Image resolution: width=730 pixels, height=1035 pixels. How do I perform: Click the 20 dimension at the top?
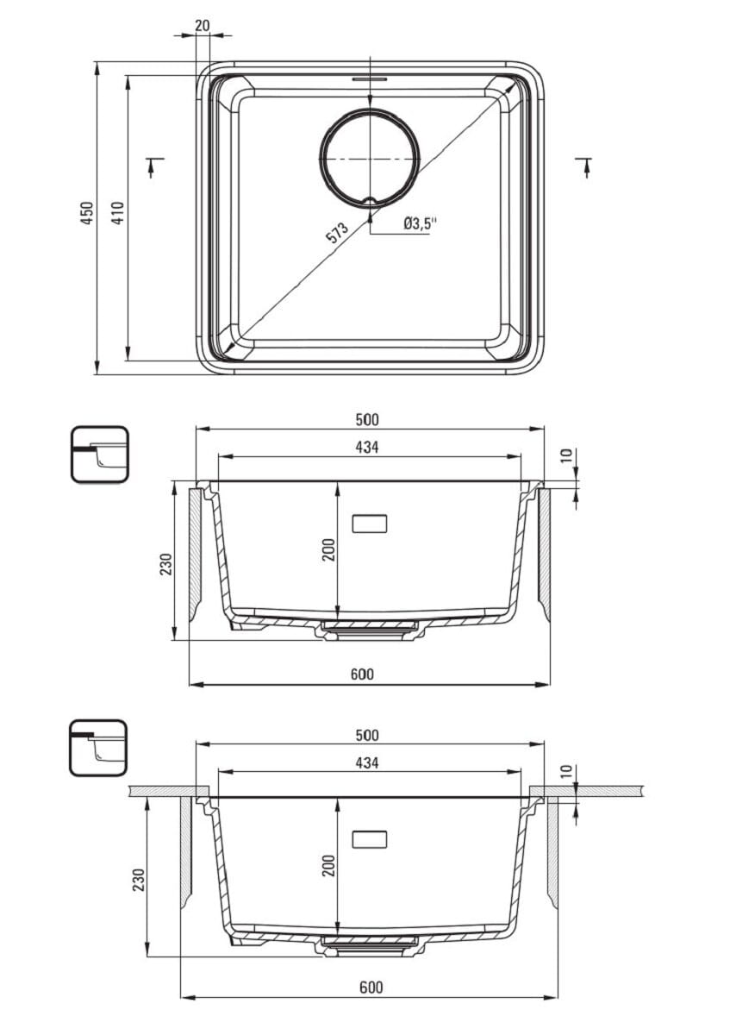point(203,25)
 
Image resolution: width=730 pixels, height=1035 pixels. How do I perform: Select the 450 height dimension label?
point(87,212)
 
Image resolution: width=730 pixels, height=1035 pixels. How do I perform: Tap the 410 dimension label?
point(118,212)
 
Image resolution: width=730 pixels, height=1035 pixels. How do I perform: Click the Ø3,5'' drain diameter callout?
point(420,223)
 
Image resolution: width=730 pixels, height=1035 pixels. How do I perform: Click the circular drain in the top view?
point(370,157)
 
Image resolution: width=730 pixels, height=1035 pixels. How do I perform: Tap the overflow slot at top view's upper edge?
point(370,79)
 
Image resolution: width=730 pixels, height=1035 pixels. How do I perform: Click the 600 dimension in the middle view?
point(362,674)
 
